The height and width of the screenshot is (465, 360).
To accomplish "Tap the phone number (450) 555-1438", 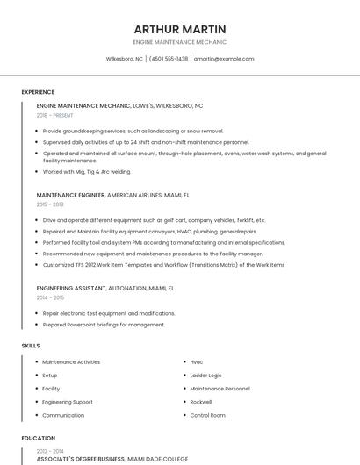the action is (169, 59).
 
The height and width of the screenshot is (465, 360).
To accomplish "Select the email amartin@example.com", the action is (224, 59).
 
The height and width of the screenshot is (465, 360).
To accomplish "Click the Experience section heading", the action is (38, 92).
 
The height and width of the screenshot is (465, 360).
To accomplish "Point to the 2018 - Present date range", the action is (55, 116).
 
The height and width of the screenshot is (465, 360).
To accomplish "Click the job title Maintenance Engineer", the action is (70, 195).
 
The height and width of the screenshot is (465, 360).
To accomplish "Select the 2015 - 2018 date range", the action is (50, 204).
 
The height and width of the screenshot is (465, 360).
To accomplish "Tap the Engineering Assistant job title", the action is (71, 288).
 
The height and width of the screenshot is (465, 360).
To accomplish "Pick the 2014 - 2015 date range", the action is (50, 297).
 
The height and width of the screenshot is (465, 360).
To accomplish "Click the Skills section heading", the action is (31, 346).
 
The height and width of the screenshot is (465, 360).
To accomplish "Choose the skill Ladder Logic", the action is (205, 375).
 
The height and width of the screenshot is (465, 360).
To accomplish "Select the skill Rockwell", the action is (202, 402).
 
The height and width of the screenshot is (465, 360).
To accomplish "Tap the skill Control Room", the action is (207, 415).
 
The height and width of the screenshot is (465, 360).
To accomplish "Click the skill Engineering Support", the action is (68, 402).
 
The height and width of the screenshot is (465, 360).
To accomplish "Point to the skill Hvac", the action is (197, 361).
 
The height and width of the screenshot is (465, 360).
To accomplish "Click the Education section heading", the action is (38, 438).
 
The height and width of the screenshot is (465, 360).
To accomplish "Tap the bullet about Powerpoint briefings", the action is (104, 325).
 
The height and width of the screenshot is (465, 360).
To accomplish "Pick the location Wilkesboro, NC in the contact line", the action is (124, 59).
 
